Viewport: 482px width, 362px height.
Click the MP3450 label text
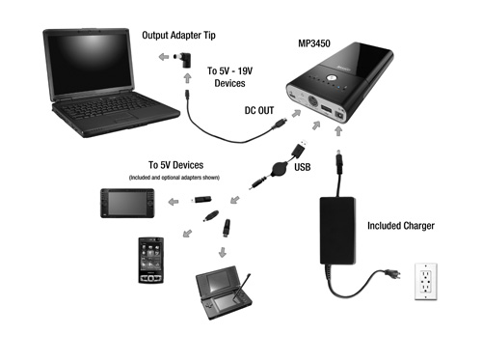pos(314,43)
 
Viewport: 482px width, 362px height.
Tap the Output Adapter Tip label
pos(178,35)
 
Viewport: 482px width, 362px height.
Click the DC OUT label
pos(259,110)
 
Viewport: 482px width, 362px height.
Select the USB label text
pos(303,167)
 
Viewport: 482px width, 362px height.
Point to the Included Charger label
pos(401,226)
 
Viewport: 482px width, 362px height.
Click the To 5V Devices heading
pos(175,165)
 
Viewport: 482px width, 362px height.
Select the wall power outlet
pos(426,282)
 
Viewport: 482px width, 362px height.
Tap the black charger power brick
pos(337,231)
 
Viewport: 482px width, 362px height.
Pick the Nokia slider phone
pos(150,261)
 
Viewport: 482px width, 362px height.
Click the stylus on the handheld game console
pos(243,287)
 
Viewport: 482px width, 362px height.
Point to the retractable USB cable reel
pos(277,169)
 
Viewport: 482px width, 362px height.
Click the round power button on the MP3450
pos(331,78)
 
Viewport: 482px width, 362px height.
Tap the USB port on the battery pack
pos(326,109)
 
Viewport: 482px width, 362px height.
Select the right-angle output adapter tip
pos(183,60)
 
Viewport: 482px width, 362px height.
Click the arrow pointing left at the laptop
pos(164,57)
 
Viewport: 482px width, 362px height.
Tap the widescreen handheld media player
pos(127,204)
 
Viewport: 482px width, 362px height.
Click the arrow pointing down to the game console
pos(223,252)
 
